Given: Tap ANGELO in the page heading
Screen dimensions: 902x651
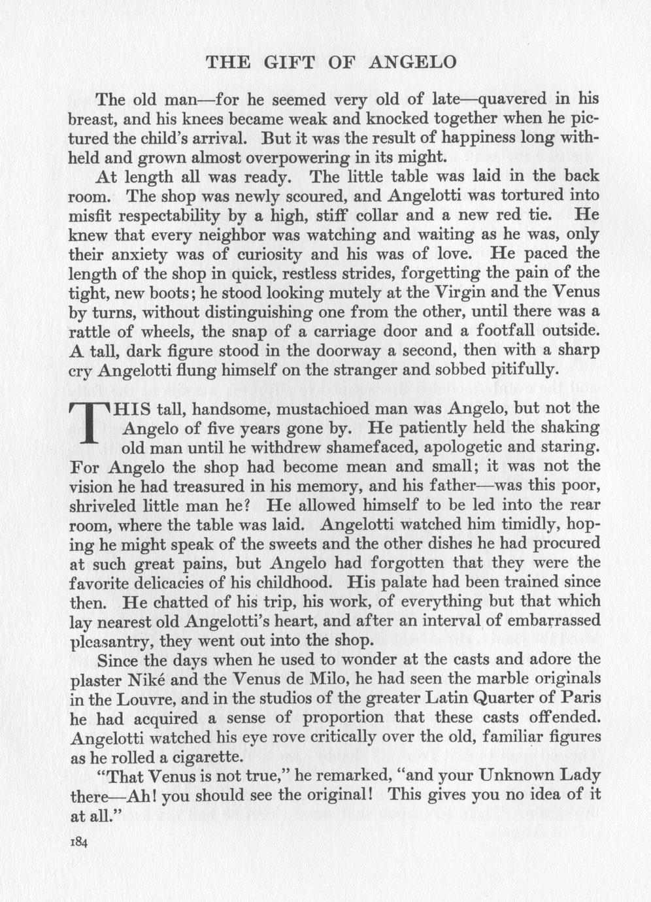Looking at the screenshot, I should click(412, 63).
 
